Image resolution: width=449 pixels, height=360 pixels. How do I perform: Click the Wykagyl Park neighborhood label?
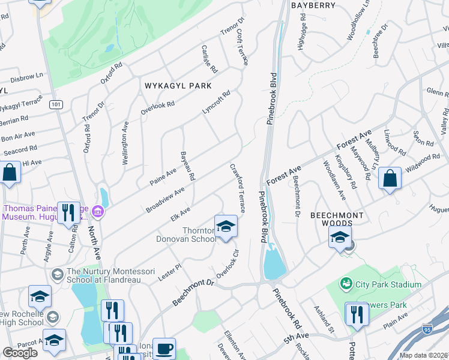[178, 86]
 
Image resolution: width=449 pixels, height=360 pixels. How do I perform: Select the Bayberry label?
[313, 5]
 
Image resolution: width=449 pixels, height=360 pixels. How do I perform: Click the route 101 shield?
[56, 104]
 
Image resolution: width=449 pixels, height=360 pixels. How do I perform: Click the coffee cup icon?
[164, 349]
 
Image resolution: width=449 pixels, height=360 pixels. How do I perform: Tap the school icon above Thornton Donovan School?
[226, 226]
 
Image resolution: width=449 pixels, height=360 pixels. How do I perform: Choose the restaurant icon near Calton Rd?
[68, 212]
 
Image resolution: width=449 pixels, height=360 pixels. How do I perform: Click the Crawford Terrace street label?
[237, 188]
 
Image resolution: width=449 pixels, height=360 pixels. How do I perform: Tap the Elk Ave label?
[180, 214]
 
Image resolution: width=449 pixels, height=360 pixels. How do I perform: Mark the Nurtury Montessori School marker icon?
[58, 275]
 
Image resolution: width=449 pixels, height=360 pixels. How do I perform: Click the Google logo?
[20, 352]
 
